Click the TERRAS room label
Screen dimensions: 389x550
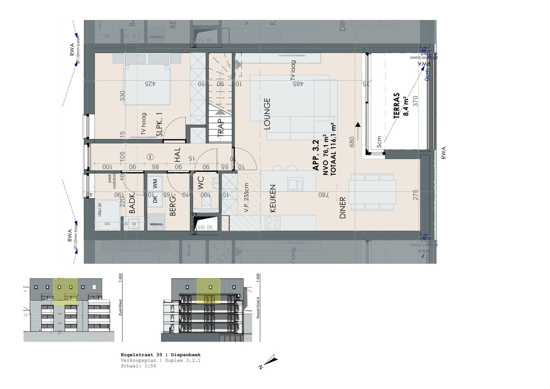tap(397, 106)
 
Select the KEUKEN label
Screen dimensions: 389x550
tap(272, 198)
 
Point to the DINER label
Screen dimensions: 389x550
tap(342, 208)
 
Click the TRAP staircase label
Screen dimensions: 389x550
tap(221, 128)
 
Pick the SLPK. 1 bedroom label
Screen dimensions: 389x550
tap(159, 125)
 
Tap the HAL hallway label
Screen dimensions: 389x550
tap(177, 155)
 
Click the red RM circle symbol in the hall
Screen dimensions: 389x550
tap(150, 157)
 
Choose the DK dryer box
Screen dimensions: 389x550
tap(155, 200)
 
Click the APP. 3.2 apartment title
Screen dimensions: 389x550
tap(316, 156)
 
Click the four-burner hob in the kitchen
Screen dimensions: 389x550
tap(272, 223)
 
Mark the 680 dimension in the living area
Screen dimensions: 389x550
tap(352, 141)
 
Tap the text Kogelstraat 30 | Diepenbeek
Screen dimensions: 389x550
tap(161, 355)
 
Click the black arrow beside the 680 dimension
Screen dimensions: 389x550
tap(358, 125)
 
